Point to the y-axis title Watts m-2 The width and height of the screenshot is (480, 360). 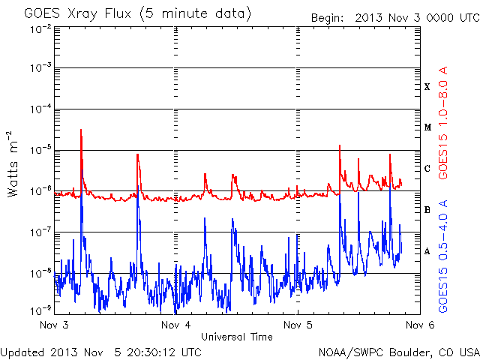click(13, 164)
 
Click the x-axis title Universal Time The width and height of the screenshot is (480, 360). click(237, 337)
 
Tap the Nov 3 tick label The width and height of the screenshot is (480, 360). click(54, 325)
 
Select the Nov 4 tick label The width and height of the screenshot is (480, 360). click(176, 325)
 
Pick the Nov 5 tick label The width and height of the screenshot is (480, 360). click(298, 325)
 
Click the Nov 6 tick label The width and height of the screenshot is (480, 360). click(420, 325)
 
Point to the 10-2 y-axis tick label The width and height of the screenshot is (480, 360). click(40, 29)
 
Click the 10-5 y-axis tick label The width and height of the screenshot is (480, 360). click(40, 150)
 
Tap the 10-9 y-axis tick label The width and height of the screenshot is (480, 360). click(40, 310)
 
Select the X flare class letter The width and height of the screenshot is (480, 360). click(427, 87)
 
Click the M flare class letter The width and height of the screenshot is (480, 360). click(427, 127)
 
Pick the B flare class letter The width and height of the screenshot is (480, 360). click(427, 210)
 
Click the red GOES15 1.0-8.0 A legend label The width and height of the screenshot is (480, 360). click(443, 122)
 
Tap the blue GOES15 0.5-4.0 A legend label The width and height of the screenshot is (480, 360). click(443, 256)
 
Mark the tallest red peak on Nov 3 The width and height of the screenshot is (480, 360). click(81, 130)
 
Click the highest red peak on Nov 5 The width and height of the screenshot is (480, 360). click(340, 145)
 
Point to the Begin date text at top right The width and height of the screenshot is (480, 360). click(395, 18)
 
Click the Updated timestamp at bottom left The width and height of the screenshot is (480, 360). click(101, 352)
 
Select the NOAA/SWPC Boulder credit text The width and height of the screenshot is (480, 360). click(399, 352)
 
